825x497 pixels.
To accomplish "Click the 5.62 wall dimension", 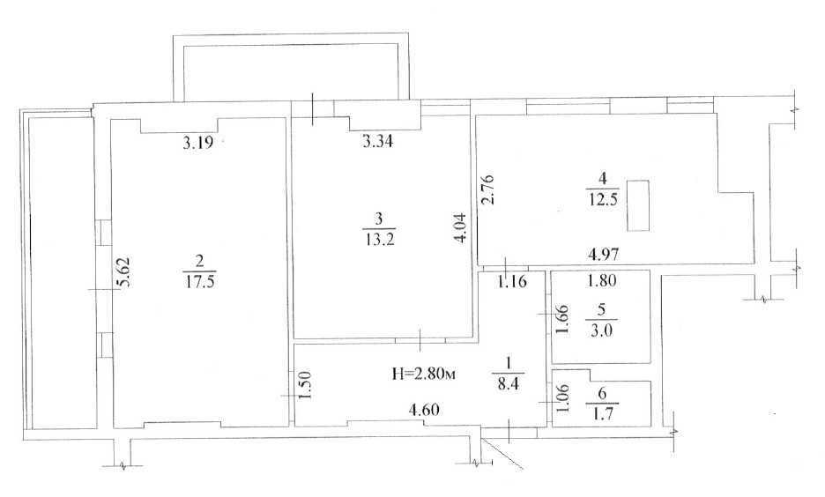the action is (x=124, y=271).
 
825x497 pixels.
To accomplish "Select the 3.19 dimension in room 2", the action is (x=197, y=143).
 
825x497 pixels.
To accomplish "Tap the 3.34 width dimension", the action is (x=378, y=141).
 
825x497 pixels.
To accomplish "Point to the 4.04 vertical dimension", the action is (x=460, y=226).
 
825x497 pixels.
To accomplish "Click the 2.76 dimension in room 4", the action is (x=487, y=189).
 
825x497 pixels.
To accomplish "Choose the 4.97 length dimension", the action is (x=603, y=255).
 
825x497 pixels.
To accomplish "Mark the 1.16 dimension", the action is (x=512, y=281).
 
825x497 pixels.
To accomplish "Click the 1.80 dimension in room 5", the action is (x=601, y=280).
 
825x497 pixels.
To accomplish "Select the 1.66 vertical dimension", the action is (x=562, y=319).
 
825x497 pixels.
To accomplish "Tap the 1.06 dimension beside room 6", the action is (x=562, y=397).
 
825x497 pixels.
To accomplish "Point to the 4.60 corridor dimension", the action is (x=424, y=409).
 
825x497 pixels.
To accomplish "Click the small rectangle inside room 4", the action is (x=638, y=205).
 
